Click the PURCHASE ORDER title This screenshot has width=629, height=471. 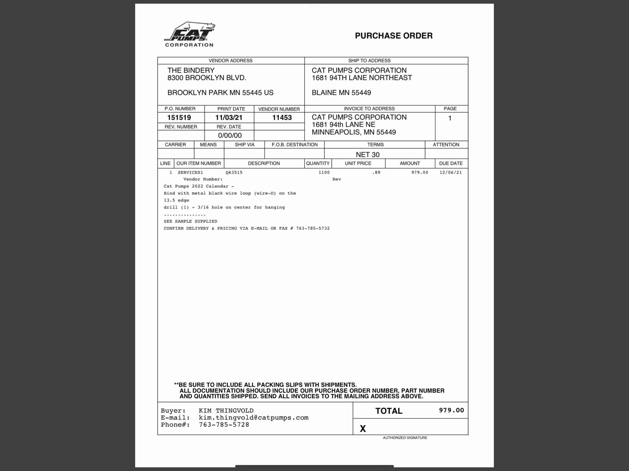[x=393, y=36]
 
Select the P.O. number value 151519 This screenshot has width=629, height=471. [x=179, y=118]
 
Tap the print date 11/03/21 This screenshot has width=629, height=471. [x=229, y=118]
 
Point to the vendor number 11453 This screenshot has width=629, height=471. [x=282, y=118]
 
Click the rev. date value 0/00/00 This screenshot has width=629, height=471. [x=230, y=135]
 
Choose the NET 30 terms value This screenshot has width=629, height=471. [x=367, y=155]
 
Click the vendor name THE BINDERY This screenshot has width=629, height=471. [x=191, y=70]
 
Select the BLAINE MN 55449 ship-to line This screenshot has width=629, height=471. [x=341, y=93]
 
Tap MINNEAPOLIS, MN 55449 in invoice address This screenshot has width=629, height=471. [x=353, y=132]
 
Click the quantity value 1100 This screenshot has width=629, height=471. [x=324, y=172]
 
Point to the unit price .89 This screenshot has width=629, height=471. [x=376, y=172]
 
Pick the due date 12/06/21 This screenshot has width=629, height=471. [x=450, y=172]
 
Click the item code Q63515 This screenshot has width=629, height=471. [x=234, y=172]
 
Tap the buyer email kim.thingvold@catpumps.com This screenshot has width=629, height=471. [x=253, y=418]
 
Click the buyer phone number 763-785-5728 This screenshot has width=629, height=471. [x=224, y=425]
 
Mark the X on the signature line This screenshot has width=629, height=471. [x=363, y=428]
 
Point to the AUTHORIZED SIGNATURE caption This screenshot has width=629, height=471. [x=405, y=438]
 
